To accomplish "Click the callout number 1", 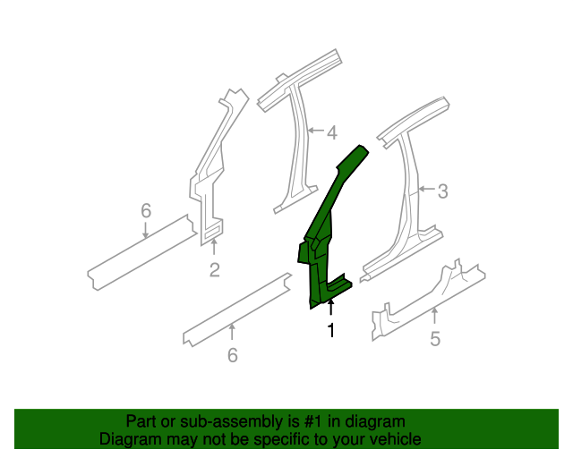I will (330, 331).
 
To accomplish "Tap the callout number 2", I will (214, 269).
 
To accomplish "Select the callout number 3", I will (442, 190).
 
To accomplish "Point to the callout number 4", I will (331, 133).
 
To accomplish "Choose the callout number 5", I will (435, 339).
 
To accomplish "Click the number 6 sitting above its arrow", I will (146, 211).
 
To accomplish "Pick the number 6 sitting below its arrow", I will (233, 355).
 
